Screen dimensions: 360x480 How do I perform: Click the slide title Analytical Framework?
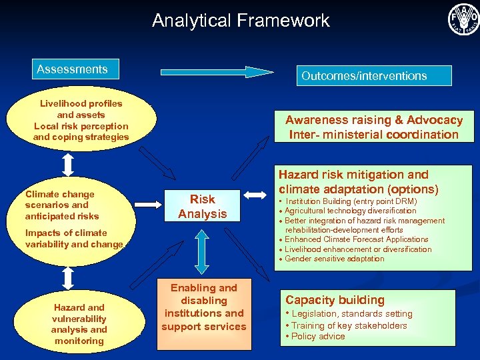tap(241, 21)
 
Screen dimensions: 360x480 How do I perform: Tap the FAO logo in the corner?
tap(463, 19)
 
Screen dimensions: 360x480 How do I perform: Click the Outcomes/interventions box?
tap(364, 75)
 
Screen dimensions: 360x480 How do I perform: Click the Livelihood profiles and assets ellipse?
tap(81, 121)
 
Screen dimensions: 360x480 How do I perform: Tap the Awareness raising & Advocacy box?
tap(374, 127)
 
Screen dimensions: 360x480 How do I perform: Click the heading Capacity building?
tap(335, 300)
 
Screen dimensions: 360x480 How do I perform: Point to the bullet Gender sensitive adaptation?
tap(334, 259)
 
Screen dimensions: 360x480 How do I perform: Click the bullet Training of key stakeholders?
tap(348, 325)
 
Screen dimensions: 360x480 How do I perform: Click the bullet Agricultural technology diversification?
tap(350, 211)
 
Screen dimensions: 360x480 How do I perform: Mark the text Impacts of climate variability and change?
tap(74, 239)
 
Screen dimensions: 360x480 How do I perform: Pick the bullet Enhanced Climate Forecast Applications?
tap(356, 239)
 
